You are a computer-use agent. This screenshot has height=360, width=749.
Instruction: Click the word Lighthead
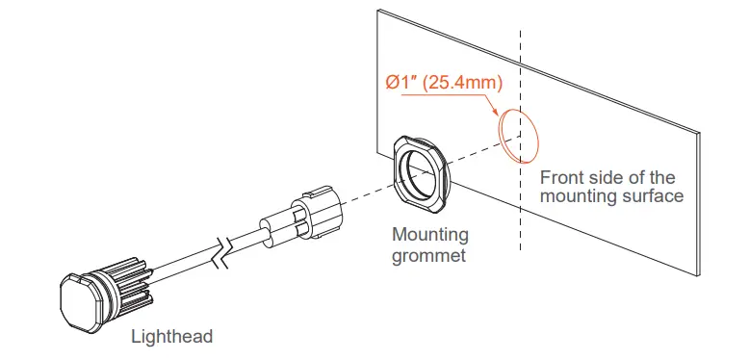click(171, 337)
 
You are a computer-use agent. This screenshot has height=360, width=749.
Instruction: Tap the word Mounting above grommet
click(430, 235)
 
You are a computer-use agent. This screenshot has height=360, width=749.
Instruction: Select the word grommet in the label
click(429, 255)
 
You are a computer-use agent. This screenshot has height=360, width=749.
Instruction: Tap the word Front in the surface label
click(562, 178)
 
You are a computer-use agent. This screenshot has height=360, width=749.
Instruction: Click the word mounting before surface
click(578, 196)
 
